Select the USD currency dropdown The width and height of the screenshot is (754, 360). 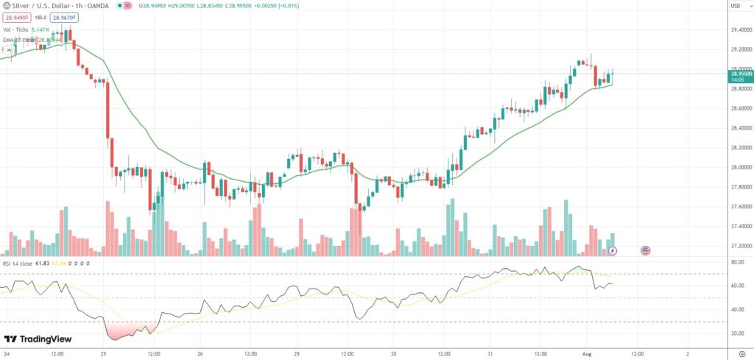tap(734, 7)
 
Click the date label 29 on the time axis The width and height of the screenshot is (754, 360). tap(297, 352)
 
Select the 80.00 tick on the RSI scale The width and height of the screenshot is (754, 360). tap(736, 262)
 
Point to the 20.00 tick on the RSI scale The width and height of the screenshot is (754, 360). tap(736, 333)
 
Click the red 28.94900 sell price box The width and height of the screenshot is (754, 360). tap(16, 18)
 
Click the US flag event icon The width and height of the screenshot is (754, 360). tap(645, 250)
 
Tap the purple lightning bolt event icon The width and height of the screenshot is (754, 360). tap(612, 251)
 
